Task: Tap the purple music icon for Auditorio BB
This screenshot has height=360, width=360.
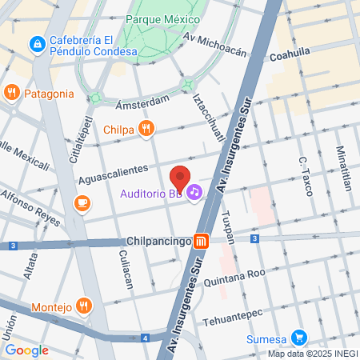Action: tap(194, 193)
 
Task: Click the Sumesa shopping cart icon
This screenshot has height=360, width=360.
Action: tap(299, 337)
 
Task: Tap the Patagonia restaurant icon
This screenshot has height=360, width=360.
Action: tap(11, 92)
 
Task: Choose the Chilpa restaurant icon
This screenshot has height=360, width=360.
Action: tap(145, 128)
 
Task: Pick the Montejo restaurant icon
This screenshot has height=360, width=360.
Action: tap(84, 306)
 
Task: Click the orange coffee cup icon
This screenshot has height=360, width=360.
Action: tap(82, 204)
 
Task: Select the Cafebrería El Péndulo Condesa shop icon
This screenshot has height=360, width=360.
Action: tap(36, 43)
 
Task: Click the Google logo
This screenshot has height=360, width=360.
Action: tap(26, 350)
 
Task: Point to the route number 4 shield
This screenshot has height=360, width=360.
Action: tap(145, 338)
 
